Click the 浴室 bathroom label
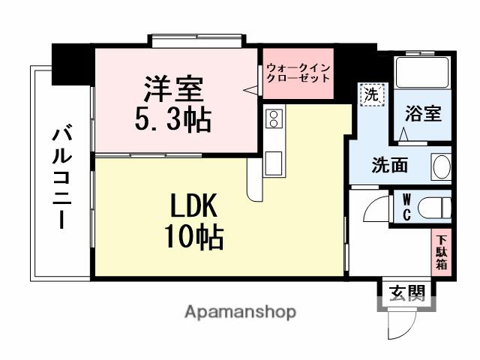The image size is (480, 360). [x=423, y=115]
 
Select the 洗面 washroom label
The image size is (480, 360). [x=390, y=165]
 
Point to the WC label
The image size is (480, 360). [x=406, y=207]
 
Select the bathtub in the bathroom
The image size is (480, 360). [x=423, y=73]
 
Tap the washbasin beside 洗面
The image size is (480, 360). [x=441, y=165]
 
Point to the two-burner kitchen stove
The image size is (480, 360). [x=273, y=118]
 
